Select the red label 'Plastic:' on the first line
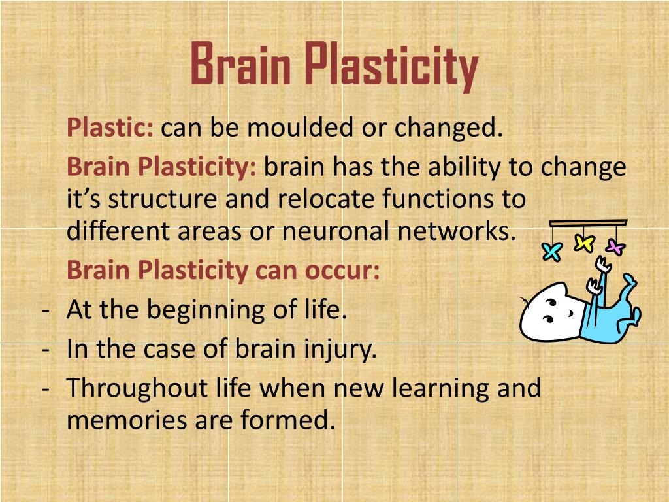coord(110,128)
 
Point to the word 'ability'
coord(465,167)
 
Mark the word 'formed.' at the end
coord(295,420)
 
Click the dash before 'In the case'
coord(46,349)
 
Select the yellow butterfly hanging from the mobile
coord(583,243)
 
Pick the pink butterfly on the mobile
coord(615,247)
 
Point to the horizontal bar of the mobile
coord(588,223)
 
